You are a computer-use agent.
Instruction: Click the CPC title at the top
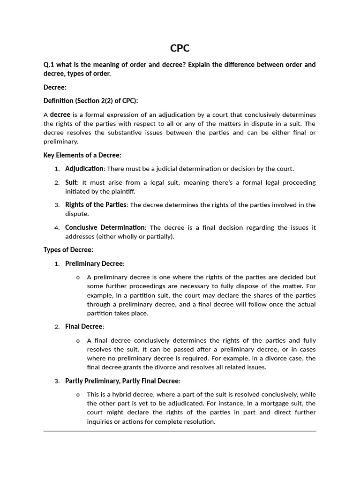pyautogui.click(x=180, y=48)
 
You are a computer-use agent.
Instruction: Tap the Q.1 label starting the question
pyautogui.click(x=49, y=65)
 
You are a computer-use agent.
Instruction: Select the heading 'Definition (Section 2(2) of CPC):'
pyautogui.click(x=90, y=101)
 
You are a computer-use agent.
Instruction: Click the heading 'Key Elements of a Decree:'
pyautogui.click(x=82, y=155)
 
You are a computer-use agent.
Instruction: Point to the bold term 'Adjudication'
pyautogui.click(x=84, y=169)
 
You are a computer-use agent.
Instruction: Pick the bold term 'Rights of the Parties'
pyautogui.click(x=96, y=205)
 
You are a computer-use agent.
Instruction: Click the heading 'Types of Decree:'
pyautogui.click(x=68, y=250)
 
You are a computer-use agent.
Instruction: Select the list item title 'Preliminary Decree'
pyautogui.click(x=94, y=263)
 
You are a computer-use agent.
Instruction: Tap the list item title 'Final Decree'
pyautogui.click(x=83, y=327)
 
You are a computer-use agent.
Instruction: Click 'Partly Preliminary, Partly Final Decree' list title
pyautogui.click(x=122, y=381)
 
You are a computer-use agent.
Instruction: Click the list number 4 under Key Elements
pyautogui.click(x=57, y=228)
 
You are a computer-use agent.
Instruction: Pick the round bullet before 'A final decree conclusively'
pyautogui.click(x=78, y=341)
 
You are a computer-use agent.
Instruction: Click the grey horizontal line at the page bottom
pyautogui.click(x=180, y=431)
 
